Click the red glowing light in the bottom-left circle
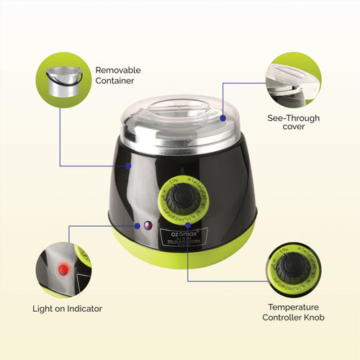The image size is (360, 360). point(63,269)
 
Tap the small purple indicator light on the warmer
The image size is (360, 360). point(148,225)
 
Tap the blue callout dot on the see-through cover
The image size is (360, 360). point(224,117)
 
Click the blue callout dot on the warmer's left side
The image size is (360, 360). point(127,165)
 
